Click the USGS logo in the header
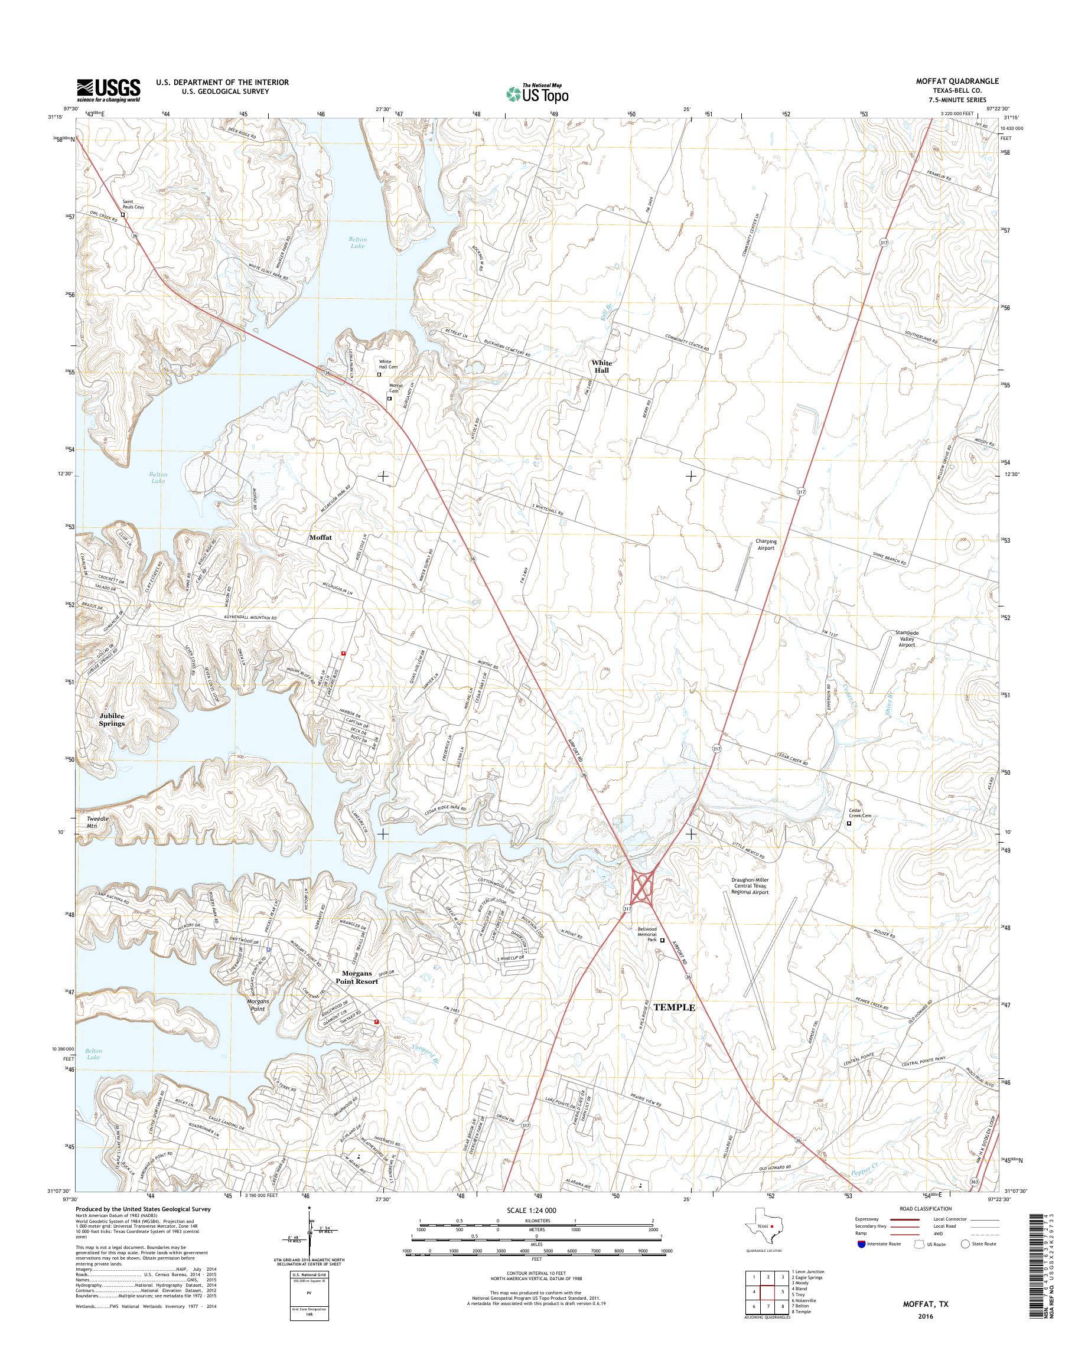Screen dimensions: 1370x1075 [x=108, y=90]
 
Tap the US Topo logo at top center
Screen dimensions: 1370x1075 [x=537, y=94]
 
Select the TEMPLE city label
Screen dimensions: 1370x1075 [x=674, y=1025]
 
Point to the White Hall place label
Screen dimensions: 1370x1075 [x=601, y=367]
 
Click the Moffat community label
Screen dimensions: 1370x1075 [x=320, y=539]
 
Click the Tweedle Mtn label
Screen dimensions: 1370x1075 [x=97, y=822]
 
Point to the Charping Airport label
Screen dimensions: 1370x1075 [x=765, y=545]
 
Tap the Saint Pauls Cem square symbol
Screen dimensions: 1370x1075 [x=123, y=214]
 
